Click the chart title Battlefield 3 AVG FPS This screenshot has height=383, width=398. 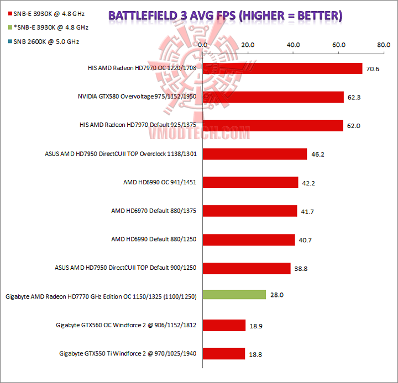pos(224,15)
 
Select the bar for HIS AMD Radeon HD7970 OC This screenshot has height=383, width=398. pos(282,68)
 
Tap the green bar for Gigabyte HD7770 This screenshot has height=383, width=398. pos(234,295)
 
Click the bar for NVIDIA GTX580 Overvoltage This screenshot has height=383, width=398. pos(273,97)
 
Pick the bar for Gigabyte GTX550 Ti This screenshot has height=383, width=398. pos(224,353)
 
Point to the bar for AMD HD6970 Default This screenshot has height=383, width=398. pos(250,210)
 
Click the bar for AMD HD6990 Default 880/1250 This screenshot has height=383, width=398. pos(249,239)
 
